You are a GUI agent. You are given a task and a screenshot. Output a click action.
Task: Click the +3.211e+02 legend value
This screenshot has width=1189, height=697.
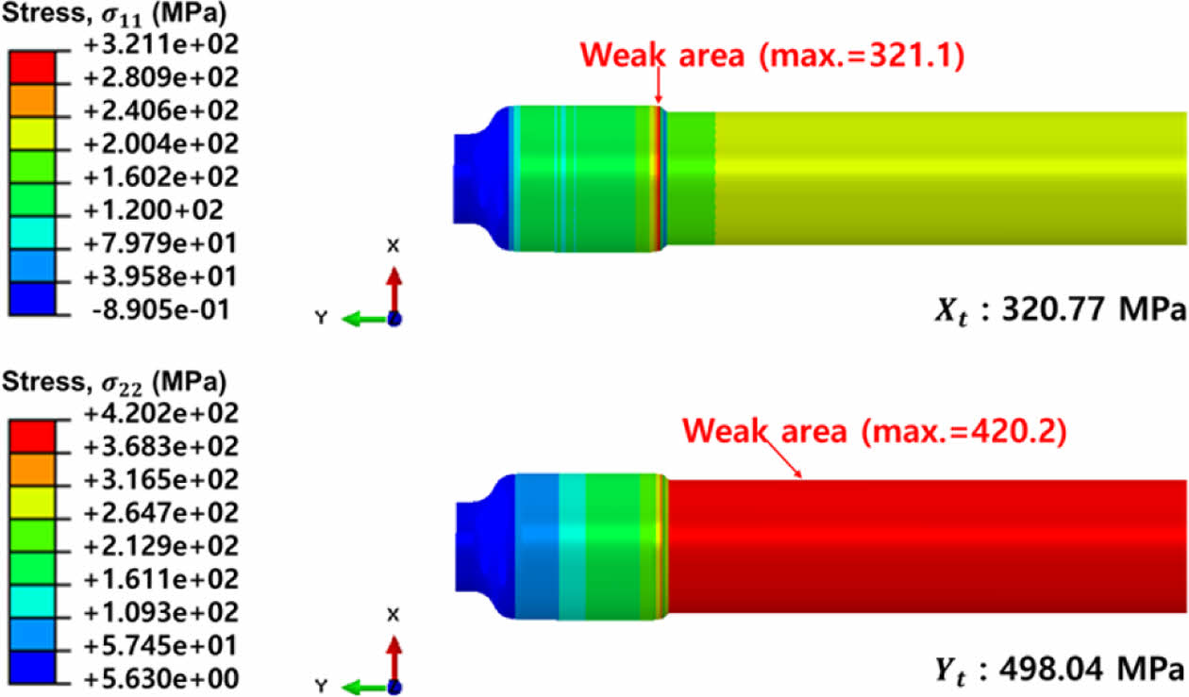point(161,44)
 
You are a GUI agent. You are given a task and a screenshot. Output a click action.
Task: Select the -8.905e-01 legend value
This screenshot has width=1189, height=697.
point(160,309)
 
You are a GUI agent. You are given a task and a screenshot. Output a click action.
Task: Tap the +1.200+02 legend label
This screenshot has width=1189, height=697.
point(154,210)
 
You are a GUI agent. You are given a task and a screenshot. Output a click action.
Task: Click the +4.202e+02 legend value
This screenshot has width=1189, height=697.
point(161,414)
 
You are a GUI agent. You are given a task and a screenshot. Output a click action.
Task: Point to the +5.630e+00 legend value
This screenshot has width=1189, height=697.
point(161,679)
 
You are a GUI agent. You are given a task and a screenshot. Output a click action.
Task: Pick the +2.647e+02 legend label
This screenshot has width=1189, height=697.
point(161,513)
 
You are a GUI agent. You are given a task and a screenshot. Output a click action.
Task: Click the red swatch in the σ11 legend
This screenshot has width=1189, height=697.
point(32,67)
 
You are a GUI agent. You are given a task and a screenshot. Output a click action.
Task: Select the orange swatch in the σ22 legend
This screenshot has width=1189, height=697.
point(32,470)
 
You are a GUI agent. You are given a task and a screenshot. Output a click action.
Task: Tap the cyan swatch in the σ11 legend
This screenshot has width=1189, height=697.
point(32,233)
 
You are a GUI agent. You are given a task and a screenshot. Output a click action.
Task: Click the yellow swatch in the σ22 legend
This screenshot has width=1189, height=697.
point(32,503)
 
